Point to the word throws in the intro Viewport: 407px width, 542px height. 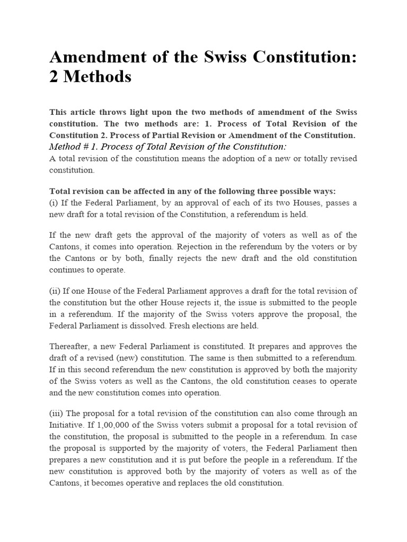coord(113,112)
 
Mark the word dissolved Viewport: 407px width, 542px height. coord(173,326)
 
